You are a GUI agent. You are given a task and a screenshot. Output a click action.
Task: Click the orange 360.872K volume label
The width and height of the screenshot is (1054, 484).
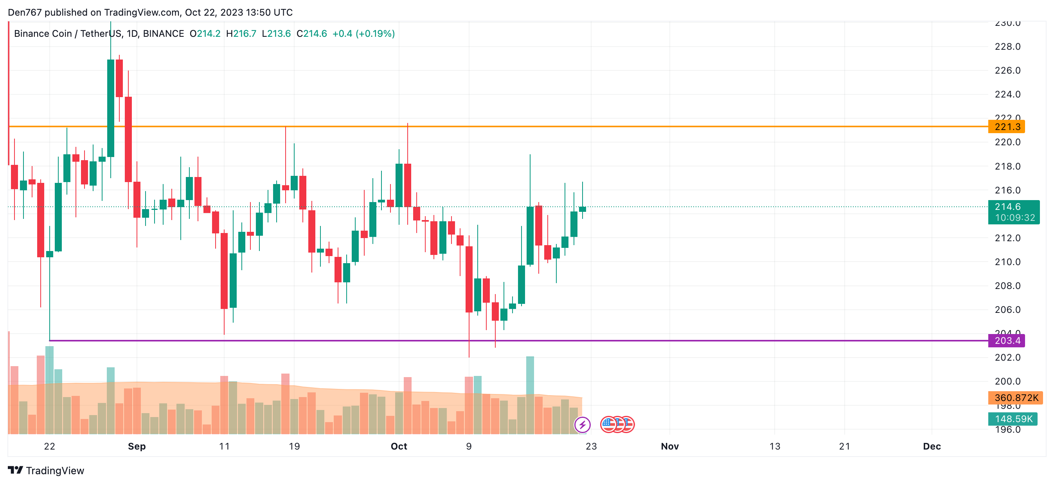coord(1016,397)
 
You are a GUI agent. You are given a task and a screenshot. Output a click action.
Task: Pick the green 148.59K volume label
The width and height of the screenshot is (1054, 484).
coord(1013,419)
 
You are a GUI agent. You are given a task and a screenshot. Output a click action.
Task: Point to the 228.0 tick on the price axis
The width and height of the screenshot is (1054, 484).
coord(1007,47)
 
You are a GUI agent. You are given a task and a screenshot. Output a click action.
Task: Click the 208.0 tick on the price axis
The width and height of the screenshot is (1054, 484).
coord(1007,286)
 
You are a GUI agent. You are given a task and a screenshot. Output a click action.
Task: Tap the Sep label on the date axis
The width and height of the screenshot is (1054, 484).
coord(137,446)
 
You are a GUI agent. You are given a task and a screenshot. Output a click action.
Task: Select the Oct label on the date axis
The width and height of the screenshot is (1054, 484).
coord(399,446)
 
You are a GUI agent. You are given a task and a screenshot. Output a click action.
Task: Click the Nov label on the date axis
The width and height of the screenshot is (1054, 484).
coord(670,446)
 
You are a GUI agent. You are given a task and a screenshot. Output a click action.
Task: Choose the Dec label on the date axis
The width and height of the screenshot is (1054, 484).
coord(932,446)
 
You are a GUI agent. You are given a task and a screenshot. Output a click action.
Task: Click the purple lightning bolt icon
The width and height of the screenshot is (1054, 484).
coord(582,424)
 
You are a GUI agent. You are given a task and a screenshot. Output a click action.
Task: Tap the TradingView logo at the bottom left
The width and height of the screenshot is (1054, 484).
coord(46,470)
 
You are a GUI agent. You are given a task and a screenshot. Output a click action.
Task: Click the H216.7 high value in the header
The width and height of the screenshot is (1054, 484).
coord(241,34)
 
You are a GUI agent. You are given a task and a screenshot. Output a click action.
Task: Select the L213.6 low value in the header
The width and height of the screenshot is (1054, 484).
coord(276,34)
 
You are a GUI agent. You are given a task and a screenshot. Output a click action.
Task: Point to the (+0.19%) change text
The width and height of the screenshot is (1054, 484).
coord(375,34)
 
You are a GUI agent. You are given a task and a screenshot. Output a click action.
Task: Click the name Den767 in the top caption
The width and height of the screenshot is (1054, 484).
coord(25,12)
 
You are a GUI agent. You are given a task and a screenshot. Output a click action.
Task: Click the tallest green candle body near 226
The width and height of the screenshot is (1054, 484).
coord(110,108)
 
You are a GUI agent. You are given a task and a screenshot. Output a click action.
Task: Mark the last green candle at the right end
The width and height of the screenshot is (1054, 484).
coord(582,209)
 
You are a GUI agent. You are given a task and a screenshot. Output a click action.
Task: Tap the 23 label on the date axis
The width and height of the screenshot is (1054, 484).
coord(591,446)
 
